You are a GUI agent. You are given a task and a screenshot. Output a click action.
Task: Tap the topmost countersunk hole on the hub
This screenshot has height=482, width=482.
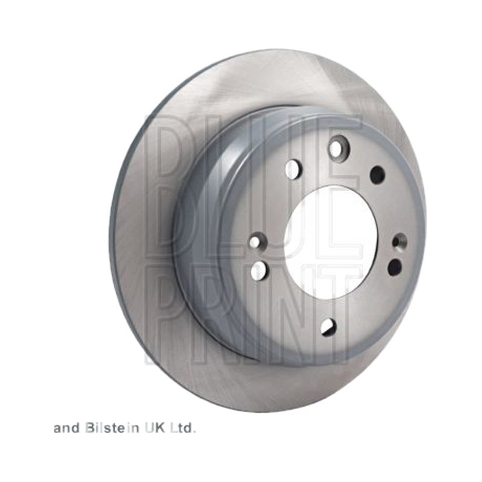pyautogui.click(x=337, y=148)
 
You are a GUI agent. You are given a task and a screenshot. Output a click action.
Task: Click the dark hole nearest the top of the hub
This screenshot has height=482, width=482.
pyautogui.click(x=377, y=175)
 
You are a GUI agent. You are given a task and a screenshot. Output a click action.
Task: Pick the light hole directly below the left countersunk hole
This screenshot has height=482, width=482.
pyautogui.click(x=258, y=270)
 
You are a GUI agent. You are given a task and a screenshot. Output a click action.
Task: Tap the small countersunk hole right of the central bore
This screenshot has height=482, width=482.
pyautogui.click(x=400, y=242)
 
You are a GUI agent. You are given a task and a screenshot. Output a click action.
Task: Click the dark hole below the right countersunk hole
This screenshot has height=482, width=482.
pyautogui.click(x=395, y=267)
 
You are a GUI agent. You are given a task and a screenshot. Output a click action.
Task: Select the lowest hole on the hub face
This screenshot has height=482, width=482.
pyautogui.click(x=328, y=327)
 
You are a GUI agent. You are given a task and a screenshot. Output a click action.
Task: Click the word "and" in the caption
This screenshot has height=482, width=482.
pyautogui.click(x=67, y=428)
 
